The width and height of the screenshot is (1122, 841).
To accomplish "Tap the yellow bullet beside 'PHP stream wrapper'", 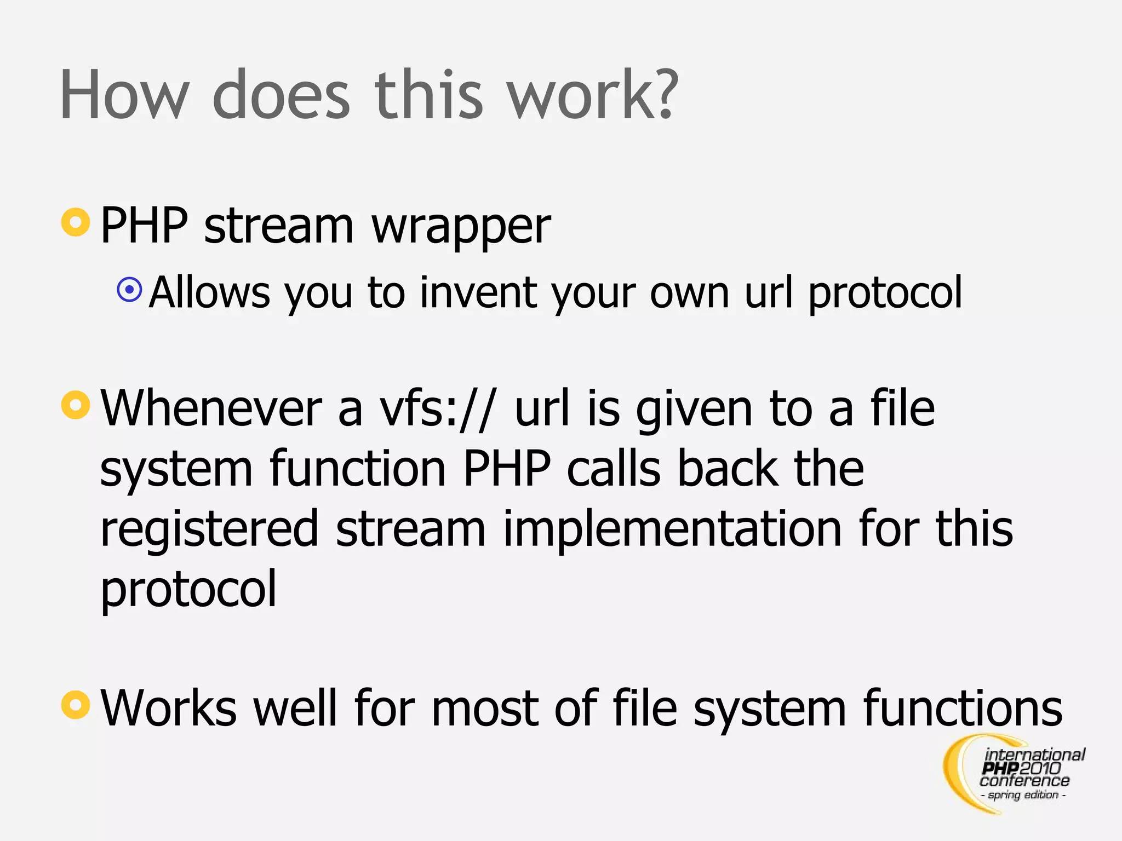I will tap(76, 222).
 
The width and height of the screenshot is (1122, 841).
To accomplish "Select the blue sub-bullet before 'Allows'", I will tap(130, 289).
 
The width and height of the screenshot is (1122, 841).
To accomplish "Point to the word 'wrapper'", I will tap(461, 227).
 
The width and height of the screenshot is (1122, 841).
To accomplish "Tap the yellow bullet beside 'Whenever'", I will tap(76, 405).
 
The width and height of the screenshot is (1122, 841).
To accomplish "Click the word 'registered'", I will tap(209, 530).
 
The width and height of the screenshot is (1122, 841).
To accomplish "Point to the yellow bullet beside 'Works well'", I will tap(76, 705).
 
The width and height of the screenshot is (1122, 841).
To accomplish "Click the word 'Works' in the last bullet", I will tap(169, 708).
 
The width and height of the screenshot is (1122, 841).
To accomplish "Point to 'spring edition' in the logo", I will tap(1023, 794).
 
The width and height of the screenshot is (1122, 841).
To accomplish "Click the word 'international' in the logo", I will tap(1034, 755).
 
